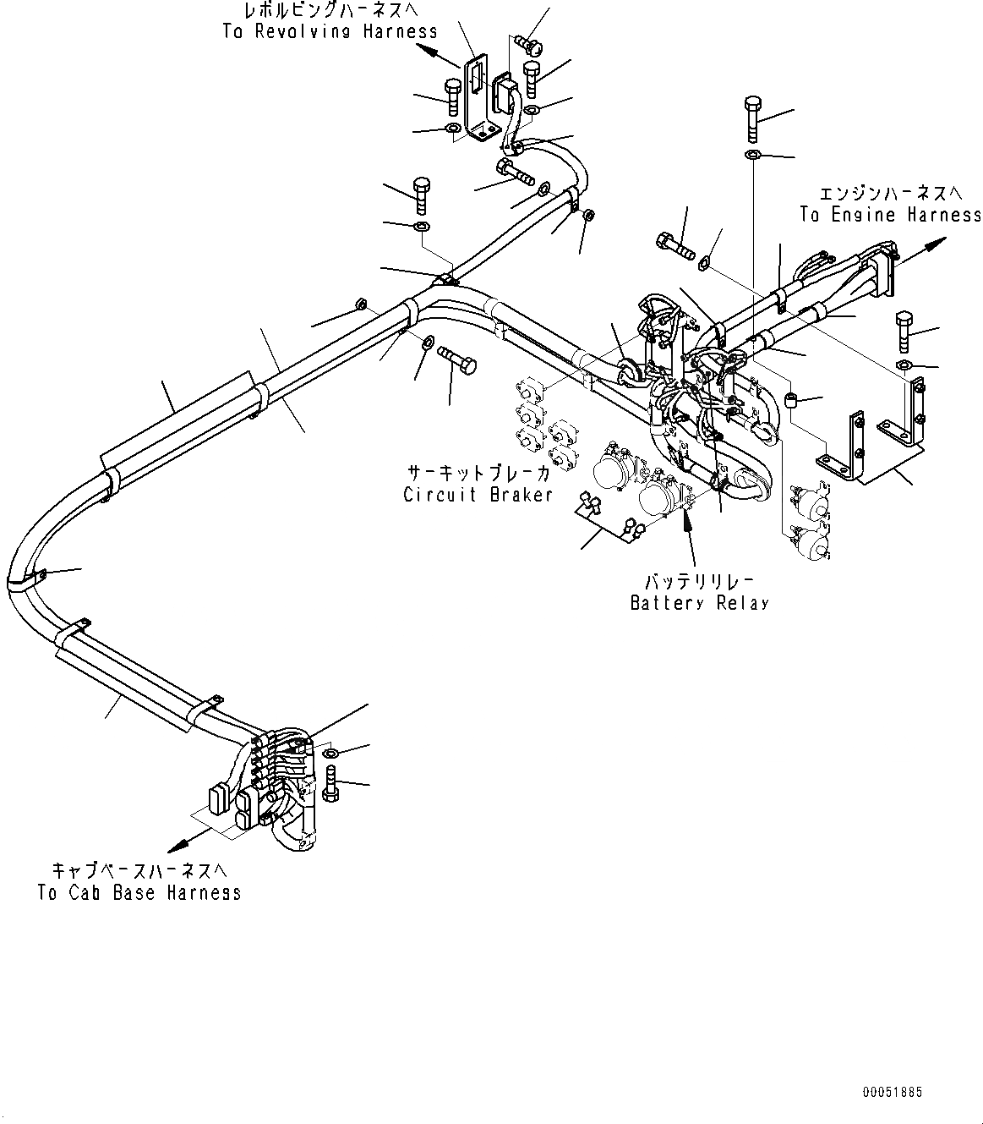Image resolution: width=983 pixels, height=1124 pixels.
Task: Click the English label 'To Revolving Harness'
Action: click(x=330, y=31)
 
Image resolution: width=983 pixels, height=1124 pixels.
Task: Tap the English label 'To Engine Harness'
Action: click(x=891, y=215)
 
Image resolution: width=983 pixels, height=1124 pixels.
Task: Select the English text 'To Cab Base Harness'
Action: click(x=139, y=892)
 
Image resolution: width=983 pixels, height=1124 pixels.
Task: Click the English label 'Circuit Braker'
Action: click(x=478, y=495)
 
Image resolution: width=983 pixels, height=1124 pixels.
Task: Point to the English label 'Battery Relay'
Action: click(x=700, y=603)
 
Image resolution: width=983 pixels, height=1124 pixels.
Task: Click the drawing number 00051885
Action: click(x=893, y=1093)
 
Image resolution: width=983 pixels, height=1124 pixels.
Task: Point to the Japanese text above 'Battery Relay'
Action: click(x=700, y=582)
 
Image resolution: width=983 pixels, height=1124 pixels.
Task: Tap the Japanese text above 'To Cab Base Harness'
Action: click(x=139, y=871)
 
